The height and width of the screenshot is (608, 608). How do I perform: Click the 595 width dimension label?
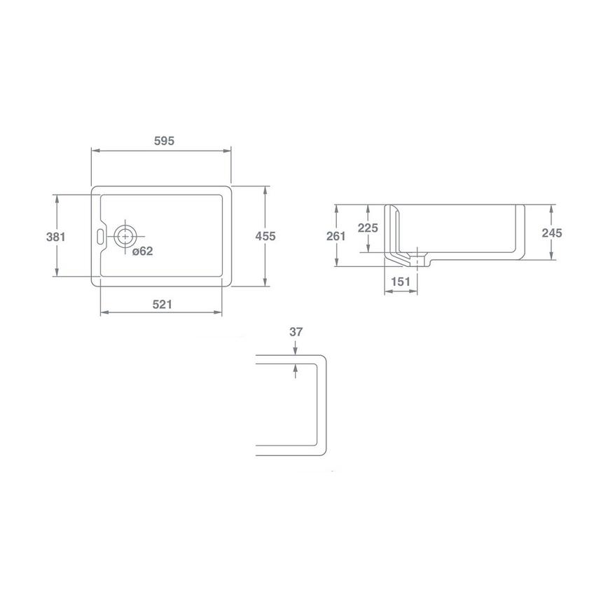164,140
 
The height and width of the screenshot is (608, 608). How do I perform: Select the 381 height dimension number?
55,237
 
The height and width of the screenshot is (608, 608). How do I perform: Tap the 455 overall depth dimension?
265,237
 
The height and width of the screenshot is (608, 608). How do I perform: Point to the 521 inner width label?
162,304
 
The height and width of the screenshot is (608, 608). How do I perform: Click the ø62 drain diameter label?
143,251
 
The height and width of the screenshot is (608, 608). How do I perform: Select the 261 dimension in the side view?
336,236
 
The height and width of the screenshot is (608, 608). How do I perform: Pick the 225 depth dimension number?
368,228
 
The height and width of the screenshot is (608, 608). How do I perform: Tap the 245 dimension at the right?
553,233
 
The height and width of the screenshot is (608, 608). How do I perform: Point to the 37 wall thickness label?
296,332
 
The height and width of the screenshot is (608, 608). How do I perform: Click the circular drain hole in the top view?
125,235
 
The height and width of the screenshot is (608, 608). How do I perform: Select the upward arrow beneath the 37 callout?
296,367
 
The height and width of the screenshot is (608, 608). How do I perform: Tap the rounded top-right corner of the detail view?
323,359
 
